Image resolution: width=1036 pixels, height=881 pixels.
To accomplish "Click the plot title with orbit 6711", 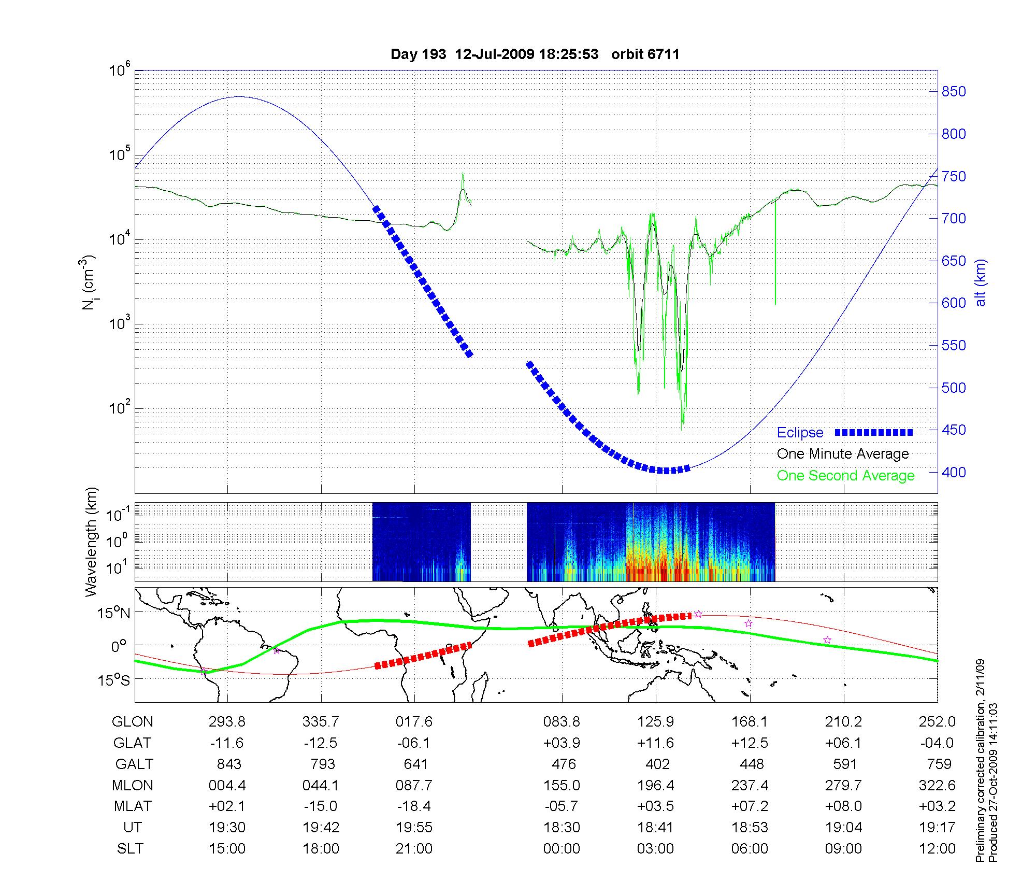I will coord(535,54).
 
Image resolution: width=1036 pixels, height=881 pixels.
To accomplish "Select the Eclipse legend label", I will coord(800,433).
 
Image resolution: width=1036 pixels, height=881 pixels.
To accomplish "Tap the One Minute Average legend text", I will coord(843,454).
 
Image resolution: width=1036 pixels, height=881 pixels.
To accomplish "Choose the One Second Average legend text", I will coord(845,476).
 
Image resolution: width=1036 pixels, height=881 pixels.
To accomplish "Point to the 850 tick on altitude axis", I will coord(954,92).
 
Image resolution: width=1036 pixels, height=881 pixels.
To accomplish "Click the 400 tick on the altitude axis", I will coord(954,472).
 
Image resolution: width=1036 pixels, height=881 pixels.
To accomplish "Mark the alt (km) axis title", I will coord(981,282).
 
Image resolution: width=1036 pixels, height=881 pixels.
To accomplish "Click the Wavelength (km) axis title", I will coord(92,542).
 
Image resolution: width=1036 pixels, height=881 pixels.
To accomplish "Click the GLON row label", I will coord(133,722).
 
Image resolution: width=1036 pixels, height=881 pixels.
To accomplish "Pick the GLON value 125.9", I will coord(656,722).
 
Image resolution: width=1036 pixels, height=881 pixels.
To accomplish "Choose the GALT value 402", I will coord(657,764).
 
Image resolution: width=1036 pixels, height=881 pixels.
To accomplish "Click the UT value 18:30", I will coord(562,828).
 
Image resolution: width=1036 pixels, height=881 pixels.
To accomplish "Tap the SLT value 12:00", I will coord(938,849).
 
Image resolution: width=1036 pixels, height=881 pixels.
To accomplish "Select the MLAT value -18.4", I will coord(414,806).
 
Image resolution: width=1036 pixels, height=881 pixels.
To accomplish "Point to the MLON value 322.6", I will coord(937,786).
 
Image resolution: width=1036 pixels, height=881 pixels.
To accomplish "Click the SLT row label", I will coord(130,849).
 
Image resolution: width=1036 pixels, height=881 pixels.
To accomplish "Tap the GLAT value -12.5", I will coord(321,743).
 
